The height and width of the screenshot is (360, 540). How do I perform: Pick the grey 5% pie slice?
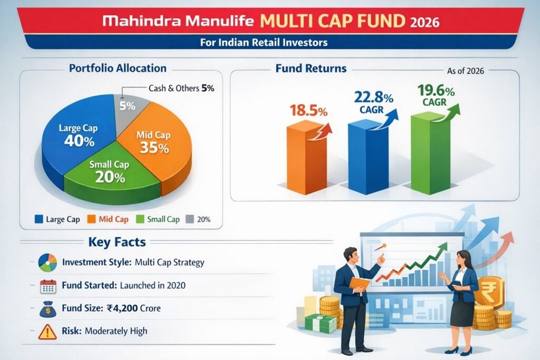point(126,106)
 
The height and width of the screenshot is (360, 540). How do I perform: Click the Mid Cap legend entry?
point(109,219)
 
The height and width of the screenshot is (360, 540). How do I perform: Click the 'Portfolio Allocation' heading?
point(118,69)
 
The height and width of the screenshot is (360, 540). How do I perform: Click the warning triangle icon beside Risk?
point(48,332)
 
